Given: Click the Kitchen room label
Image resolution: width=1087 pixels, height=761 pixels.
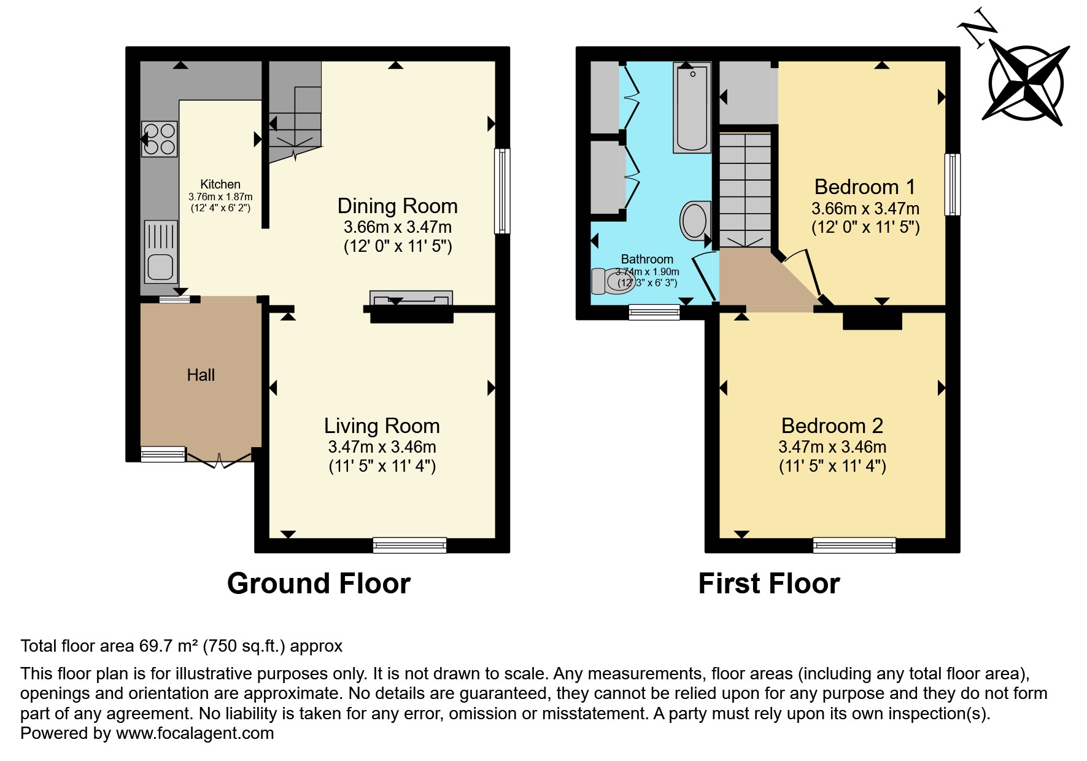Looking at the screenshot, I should (220, 184).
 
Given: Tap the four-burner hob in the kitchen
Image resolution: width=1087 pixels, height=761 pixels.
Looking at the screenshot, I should (160, 139).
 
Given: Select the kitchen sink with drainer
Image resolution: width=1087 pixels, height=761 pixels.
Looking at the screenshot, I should (161, 251).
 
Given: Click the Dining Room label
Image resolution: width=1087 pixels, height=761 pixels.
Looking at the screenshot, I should (397, 206).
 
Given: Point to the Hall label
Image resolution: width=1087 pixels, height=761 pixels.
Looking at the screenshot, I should (201, 375).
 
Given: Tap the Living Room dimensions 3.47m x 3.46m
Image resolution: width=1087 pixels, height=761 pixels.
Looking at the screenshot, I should (382, 447).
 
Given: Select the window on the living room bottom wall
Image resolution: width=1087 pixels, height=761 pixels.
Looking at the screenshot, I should (409, 544).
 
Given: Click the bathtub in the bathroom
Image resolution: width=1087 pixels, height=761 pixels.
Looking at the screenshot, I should (692, 108).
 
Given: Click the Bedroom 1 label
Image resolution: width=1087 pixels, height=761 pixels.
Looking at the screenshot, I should (864, 186).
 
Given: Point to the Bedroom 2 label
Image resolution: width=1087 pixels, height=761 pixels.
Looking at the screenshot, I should (832, 425).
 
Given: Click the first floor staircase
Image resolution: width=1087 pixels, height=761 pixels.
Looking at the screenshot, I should (745, 190).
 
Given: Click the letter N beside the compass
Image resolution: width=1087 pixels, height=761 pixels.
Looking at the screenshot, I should (977, 27).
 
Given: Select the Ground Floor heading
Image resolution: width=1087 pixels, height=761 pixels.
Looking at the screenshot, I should (319, 583).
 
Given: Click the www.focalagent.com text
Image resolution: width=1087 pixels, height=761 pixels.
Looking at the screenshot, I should (195, 733).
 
